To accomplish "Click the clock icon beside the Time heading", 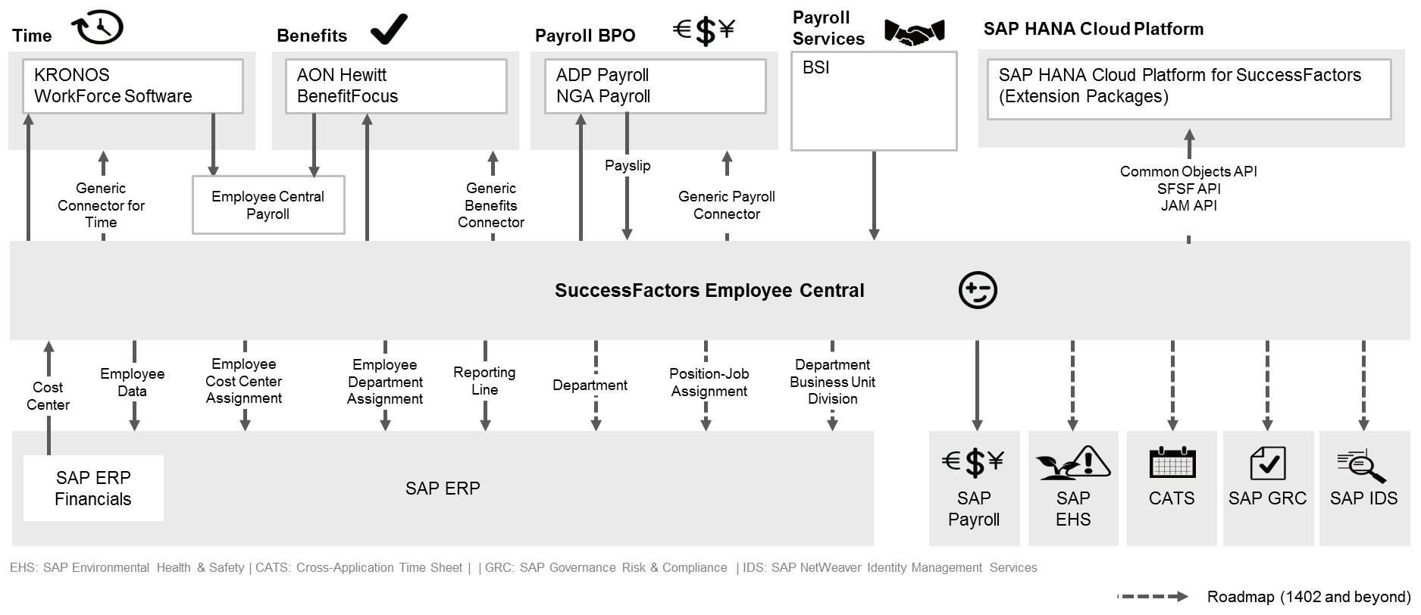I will pyautogui.click(x=98, y=27).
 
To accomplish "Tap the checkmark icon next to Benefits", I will pyautogui.click(x=389, y=30).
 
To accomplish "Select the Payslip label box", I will pyautogui.click(x=628, y=166).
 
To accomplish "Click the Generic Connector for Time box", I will pyautogui.click(x=101, y=204).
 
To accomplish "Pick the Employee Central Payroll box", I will pyautogui.click(x=268, y=204).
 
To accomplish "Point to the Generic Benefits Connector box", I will pyautogui.click(x=491, y=204).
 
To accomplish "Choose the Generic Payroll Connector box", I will pyautogui.click(x=727, y=204).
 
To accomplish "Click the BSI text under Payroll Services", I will pyautogui.click(x=816, y=67).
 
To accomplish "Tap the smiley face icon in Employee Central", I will pyautogui.click(x=978, y=291).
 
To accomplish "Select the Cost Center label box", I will pyautogui.click(x=48, y=396).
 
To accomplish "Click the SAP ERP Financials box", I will pyautogui.click(x=93, y=488).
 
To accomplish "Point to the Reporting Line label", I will pyautogui.click(x=484, y=381).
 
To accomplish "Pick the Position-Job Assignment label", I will pyautogui.click(x=709, y=382).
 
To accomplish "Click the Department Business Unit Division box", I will pyautogui.click(x=832, y=382).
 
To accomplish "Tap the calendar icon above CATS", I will pyautogui.click(x=1172, y=463).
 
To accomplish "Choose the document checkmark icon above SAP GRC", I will pyautogui.click(x=1267, y=463).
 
